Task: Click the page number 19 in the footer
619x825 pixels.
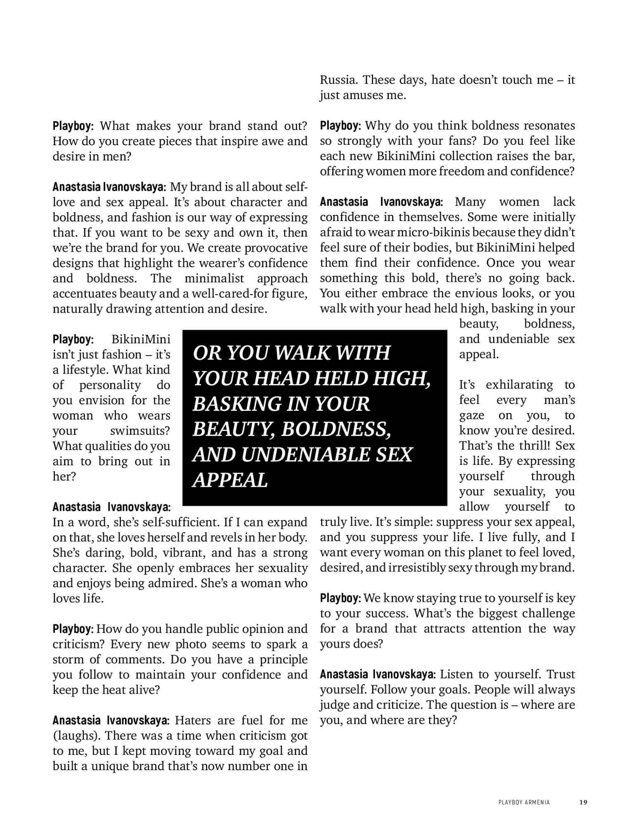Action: click(x=583, y=802)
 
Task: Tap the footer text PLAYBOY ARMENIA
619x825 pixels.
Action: click(x=524, y=802)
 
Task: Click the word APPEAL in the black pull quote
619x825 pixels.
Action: click(x=230, y=480)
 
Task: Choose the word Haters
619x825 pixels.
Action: click(x=194, y=720)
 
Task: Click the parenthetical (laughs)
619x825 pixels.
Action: click(x=75, y=735)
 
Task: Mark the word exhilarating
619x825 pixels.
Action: click(x=519, y=385)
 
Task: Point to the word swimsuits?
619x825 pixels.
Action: click(x=140, y=431)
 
